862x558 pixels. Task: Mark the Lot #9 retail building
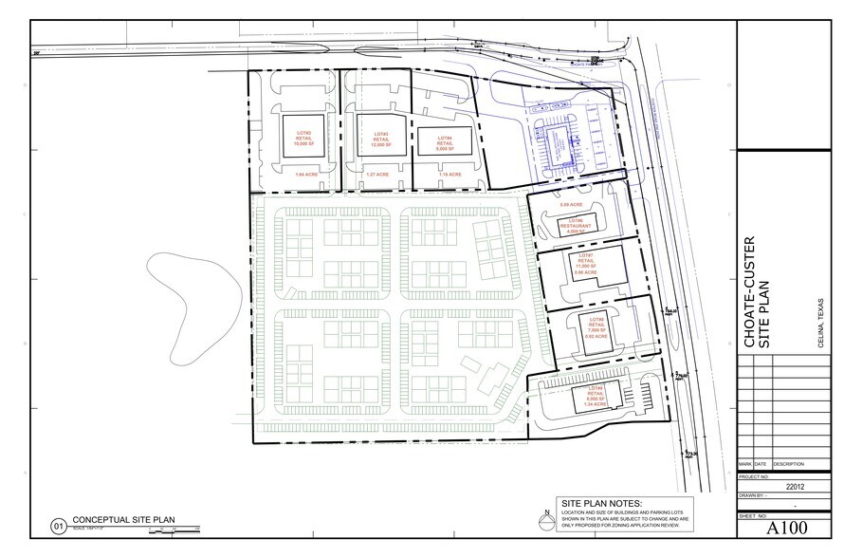[x=596, y=399]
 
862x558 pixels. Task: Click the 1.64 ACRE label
[x=303, y=175]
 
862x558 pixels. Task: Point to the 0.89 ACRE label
[x=570, y=205]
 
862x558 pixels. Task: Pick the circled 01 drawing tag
[x=59, y=524]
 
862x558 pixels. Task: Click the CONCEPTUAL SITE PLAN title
[x=123, y=521]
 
